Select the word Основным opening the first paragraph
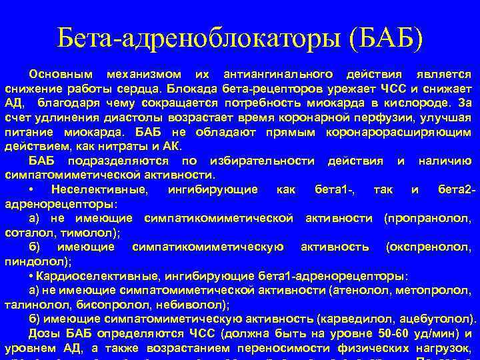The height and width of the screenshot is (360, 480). [61, 74]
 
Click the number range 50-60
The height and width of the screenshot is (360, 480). [377, 333]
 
